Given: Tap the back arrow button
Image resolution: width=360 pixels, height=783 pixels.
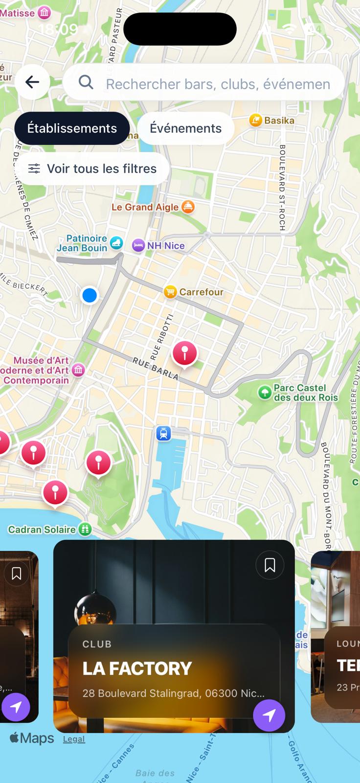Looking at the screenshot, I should coord(32,82).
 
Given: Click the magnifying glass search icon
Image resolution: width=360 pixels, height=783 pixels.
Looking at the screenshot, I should coord(86,82).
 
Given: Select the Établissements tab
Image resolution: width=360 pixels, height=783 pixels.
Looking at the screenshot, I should coord(72,128).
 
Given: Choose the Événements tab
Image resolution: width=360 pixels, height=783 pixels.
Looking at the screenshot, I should coord(185,128).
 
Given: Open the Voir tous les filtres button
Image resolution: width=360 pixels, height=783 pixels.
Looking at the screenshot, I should coord(93,169).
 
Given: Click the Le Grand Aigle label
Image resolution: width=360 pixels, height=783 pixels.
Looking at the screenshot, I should coord(146,207).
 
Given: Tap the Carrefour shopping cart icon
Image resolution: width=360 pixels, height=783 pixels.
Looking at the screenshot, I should coord(170,292).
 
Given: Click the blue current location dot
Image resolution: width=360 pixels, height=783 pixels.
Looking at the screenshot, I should coord(90,295).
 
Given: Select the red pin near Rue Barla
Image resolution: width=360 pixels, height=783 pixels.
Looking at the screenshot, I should coord(185,352).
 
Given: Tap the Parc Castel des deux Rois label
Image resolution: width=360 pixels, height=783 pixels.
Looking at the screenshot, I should coord(299,392).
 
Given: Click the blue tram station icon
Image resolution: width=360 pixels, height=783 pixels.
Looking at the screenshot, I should coord(163,433).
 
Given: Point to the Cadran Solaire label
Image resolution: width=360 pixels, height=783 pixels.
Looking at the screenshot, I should coord(43,530).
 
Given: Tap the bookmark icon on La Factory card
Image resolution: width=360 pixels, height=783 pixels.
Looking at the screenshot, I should coord(270,565).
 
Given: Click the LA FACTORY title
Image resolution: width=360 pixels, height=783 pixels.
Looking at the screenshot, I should coord(137,668).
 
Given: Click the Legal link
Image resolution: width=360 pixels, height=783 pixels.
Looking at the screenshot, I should coord(74,739).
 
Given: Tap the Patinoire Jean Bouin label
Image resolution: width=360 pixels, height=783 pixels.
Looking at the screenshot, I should coord(82,243).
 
